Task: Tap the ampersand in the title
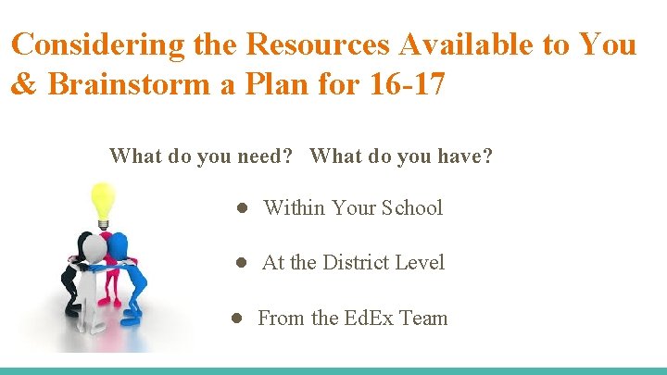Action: [x=24, y=85]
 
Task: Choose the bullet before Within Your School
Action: [x=239, y=208]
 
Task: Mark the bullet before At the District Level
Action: [x=239, y=263]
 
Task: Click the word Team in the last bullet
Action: [x=423, y=319]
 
